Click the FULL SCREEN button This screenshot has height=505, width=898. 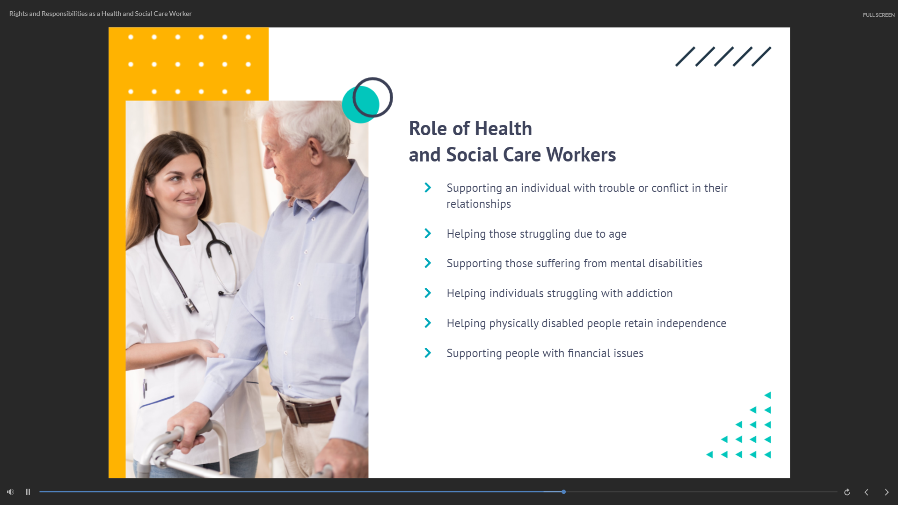point(878,15)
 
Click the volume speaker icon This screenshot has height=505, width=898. point(10,492)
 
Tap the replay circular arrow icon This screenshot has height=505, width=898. point(847,492)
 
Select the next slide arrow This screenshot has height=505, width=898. point(886,492)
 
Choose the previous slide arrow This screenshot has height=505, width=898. point(866,492)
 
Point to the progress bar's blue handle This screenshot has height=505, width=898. point(564,492)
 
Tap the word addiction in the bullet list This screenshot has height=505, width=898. point(649,293)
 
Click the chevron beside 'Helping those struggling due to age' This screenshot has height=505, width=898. point(428,234)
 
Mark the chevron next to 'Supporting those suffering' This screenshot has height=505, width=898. point(428,263)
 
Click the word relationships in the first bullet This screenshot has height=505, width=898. point(478,204)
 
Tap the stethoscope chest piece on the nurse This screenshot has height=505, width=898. point(191,307)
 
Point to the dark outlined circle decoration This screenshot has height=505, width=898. point(372,97)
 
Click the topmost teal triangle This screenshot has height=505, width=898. point(767,395)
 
